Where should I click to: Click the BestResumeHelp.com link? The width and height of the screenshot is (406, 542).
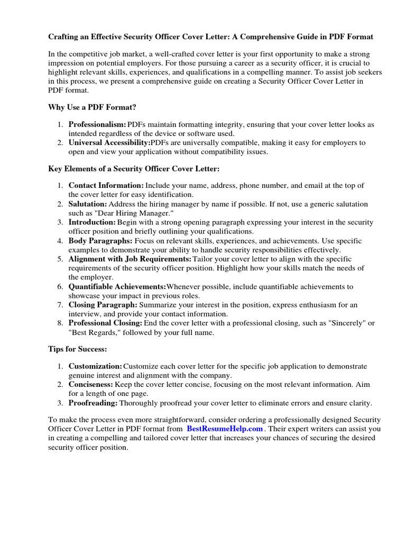tap(225, 429)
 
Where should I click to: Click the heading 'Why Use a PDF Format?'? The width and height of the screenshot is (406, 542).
tap(92, 107)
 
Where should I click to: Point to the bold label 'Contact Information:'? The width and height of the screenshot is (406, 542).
tap(106, 186)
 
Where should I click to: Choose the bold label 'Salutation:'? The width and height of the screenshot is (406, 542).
tap(88, 204)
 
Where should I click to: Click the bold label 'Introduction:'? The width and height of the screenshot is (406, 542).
tap(92, 222)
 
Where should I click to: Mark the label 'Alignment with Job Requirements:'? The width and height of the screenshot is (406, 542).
tap(130, 259)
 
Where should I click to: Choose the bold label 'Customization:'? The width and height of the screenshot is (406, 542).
tap(95, 367)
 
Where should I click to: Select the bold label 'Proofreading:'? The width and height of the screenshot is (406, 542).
tap(93, 403)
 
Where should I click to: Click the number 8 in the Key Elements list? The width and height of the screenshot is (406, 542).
tap(60, 323)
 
